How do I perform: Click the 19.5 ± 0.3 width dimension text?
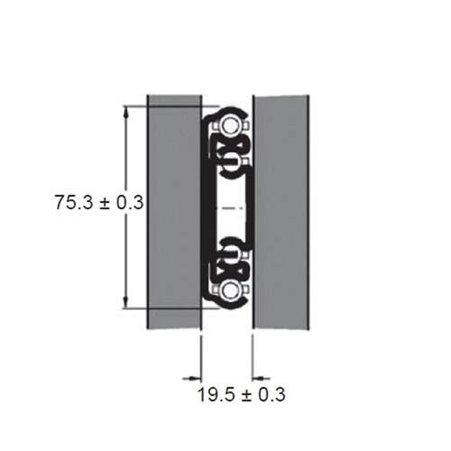tap(242, 394)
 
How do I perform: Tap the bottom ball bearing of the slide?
tap(231, 289)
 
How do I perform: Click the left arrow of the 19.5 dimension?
tap(192, 377)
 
